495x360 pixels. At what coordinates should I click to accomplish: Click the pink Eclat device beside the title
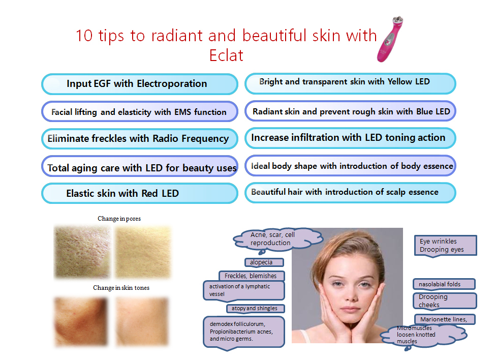pos(390,39)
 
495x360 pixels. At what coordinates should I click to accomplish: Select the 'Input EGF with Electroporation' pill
pos(140,84)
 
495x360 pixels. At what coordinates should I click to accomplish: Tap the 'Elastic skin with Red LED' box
pos(140,193)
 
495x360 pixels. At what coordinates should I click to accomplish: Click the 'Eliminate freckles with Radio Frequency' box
pos(140,139)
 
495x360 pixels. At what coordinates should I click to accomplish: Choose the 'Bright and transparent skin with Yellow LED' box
pos(350,84)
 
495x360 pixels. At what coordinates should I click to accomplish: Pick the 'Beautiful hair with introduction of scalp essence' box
pos(350,193)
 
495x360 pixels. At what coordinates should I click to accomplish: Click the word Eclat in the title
pos(226,55)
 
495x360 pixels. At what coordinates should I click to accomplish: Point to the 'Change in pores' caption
pos(119,219)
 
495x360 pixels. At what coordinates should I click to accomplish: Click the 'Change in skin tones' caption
pos(121,288)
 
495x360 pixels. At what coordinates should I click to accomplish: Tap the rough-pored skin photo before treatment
pos(82,252)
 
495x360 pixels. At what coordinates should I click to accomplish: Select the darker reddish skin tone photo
pos(81,321)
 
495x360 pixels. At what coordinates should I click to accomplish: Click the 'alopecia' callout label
pos(264,262)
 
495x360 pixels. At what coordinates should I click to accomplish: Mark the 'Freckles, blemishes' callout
pos(252,276)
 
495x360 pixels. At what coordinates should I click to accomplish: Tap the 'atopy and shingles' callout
pos(256,309)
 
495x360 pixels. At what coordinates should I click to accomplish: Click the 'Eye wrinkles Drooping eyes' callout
pos(445,246)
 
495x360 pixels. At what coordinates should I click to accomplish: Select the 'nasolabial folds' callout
pos(444,284)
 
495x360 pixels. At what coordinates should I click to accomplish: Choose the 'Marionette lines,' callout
pos(445,319)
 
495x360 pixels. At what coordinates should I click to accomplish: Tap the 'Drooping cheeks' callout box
pos(445,301)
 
